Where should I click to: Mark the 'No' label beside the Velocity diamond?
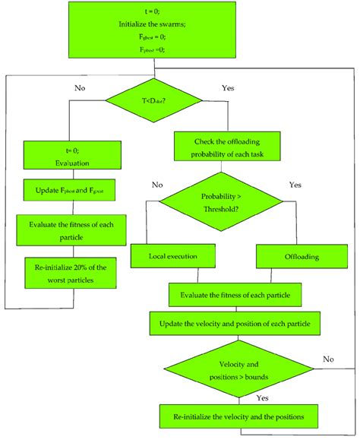[x=327, y=358]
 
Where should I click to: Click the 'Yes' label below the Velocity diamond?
[x=263, y=397]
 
